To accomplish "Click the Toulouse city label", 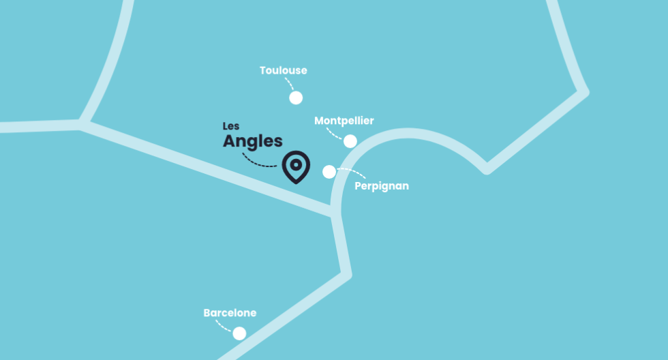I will coord(283,70).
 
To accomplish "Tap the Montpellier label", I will coord(344,121).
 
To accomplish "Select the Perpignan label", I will coord(382,185).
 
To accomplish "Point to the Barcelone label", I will coord(230,313).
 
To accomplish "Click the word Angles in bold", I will coord(252,142).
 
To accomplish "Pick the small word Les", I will coord(231,126).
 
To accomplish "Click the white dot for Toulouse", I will coord(296,97).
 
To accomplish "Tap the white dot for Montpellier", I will coord(350,141).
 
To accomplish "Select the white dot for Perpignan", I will coord(329,171).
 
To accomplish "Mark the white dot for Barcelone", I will coord(239,333).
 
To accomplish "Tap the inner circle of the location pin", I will coord(296,164).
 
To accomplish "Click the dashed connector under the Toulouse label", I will coord(289,85).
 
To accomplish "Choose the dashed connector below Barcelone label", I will coord(222,325).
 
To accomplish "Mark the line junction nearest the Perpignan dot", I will coord(335,213).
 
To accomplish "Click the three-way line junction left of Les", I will coord(82,124).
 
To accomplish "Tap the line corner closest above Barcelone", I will coord(346,274).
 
